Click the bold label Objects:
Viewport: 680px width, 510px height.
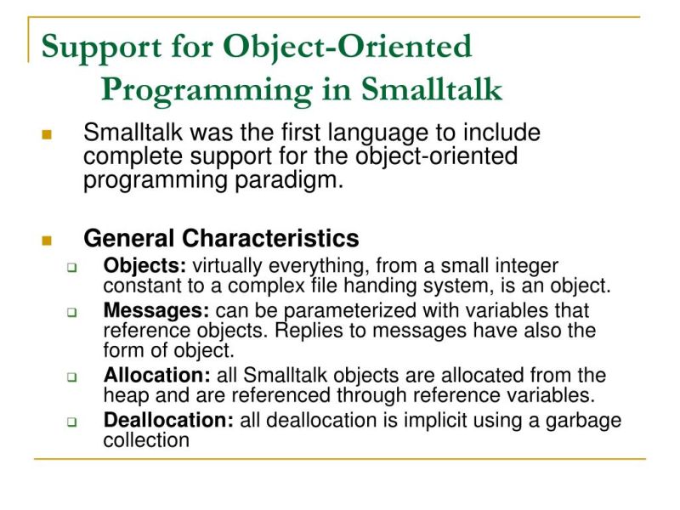[144, 266]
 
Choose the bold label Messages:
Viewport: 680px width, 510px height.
[157, 311]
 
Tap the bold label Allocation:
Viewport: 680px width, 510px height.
[157, 375]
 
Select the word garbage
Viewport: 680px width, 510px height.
[581, 420]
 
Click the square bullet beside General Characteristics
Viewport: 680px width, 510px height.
[46, 240]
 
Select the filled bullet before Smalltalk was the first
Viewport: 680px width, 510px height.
[46, 135]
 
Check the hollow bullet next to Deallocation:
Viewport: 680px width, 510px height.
[72, 422]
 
